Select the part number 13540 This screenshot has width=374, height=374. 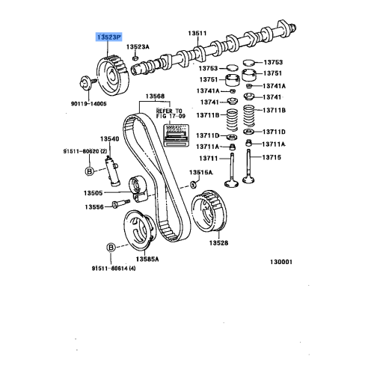(110, 139)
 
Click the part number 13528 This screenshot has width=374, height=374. (218, 243)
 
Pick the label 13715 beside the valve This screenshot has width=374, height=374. (273, 157)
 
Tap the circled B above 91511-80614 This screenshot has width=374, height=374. (110, 247)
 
